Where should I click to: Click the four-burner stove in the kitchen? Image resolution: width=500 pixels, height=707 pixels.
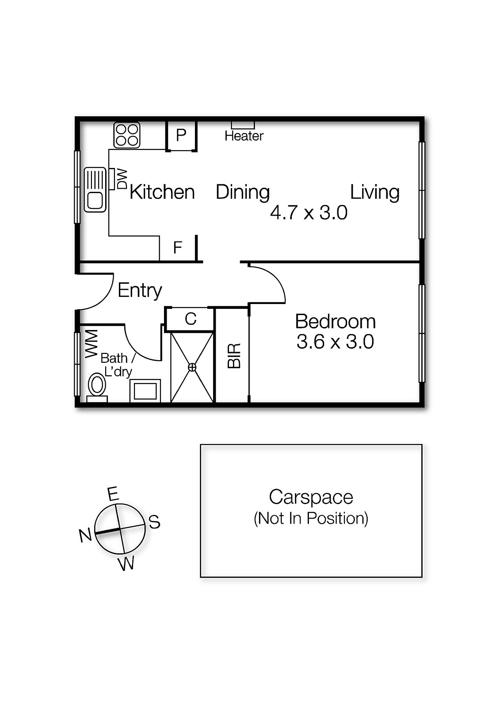127,135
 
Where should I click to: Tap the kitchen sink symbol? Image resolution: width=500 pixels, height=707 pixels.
95,190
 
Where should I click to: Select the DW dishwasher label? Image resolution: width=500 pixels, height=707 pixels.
122,179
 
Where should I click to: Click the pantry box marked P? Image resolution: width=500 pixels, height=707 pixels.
181,135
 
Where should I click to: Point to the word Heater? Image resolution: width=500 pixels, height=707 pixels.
244,136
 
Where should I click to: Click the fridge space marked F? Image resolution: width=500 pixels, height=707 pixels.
178,248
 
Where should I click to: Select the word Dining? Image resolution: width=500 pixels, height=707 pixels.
243,193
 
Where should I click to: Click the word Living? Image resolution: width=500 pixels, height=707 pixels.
374,193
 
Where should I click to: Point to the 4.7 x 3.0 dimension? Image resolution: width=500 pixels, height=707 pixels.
309,213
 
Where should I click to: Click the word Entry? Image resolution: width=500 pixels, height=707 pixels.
140,290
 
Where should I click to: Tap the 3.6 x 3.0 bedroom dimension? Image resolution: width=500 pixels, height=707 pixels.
335,342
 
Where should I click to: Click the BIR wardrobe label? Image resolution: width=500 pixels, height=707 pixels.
234,356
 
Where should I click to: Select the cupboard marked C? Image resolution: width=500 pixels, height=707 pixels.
191,319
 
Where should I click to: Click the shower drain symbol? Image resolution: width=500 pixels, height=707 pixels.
192,367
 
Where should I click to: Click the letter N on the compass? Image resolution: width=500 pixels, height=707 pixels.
85,535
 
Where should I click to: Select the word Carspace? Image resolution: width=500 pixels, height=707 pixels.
311,497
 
